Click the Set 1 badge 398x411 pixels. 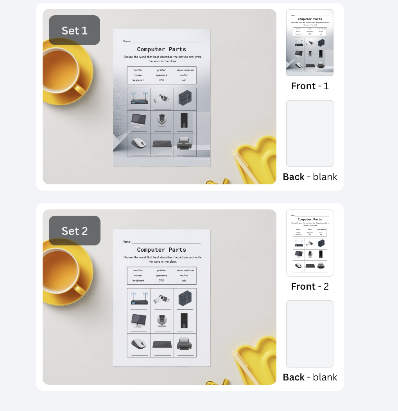(74, 30)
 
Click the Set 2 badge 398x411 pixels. (74, 231)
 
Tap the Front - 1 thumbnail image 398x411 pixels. (310, 43)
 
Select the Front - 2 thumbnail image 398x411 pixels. (310, 243)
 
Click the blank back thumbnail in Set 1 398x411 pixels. (310, 133)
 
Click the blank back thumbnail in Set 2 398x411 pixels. (310, 334)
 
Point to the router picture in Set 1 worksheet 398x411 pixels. (139, 98)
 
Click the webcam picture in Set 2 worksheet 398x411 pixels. (161, 321)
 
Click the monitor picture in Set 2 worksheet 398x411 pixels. (139, 321)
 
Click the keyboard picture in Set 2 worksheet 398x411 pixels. (161, 344)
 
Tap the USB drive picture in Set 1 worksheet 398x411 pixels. (162, 99)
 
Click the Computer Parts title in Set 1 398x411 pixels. (161, 49)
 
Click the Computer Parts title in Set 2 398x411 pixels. (161, 250)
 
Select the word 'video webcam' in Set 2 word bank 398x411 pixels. (185, 270)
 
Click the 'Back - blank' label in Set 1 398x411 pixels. (310, 177)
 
